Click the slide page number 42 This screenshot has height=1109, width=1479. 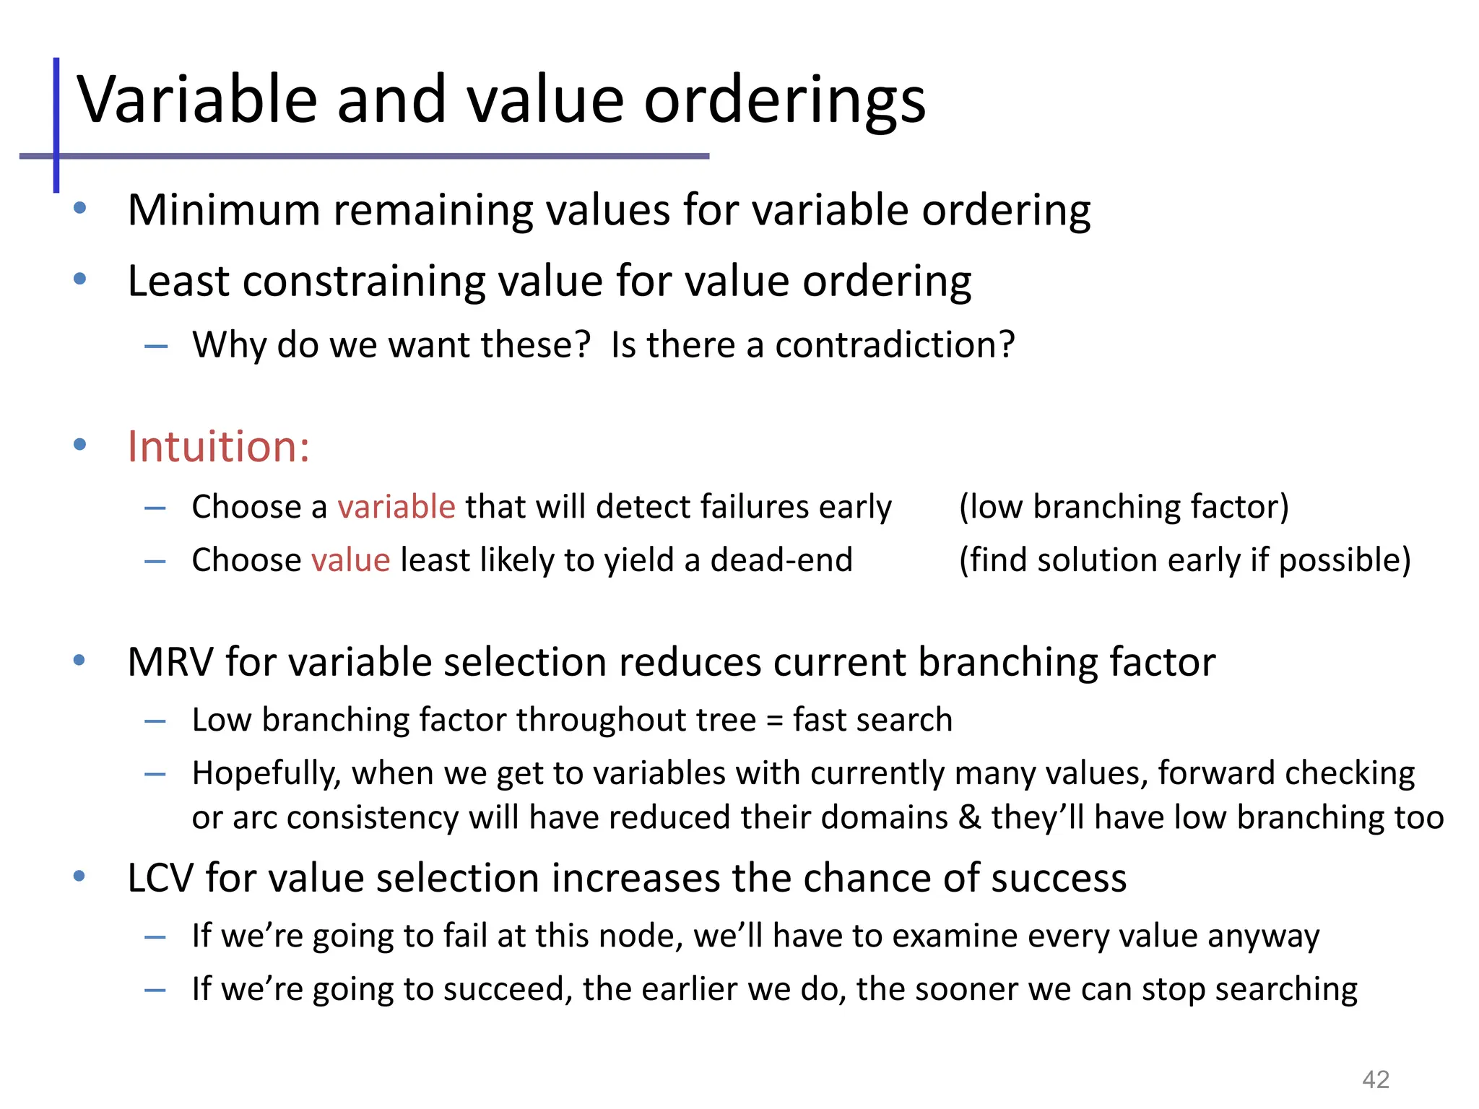(1375, 1079)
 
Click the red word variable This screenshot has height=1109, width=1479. (396, 506)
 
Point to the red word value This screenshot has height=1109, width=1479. (351, 560)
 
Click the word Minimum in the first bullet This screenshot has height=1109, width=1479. (224, 210)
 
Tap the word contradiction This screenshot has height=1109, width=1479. (894, 344)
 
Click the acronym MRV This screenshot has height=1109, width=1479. (170, 661)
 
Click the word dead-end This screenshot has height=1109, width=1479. (781, 560)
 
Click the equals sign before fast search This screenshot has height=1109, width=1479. (774, 721)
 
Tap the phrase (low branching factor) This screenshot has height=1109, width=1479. (1124, 506)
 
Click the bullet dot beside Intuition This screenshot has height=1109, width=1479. (80, 444)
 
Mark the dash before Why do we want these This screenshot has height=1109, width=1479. (156, 347)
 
